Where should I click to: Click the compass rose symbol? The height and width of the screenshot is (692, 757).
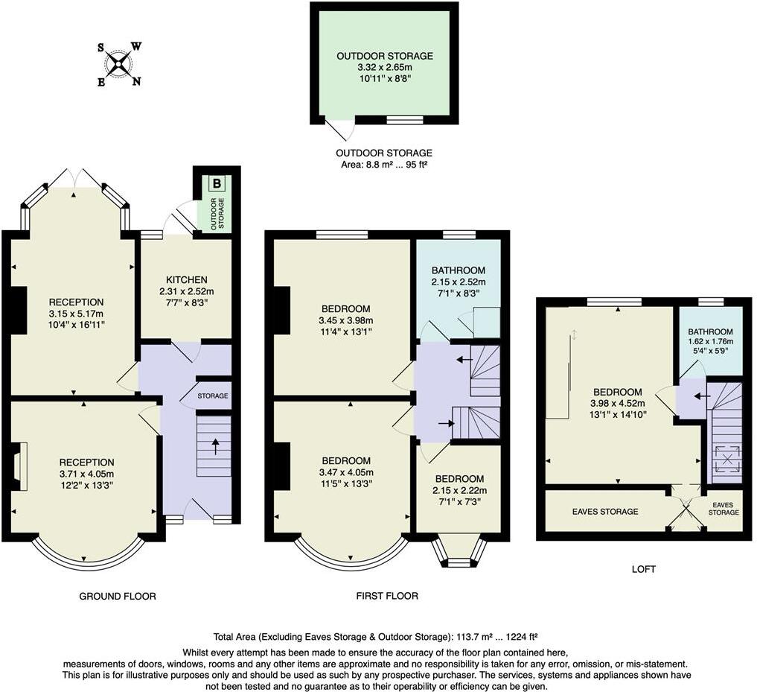(118, 64)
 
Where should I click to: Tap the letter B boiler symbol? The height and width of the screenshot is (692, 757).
(217, 183)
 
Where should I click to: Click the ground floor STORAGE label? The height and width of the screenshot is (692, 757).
(214, 396)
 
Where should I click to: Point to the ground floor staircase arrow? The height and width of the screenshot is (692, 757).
(216, 446)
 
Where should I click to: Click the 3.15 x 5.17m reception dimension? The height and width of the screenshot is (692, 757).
(76, 313)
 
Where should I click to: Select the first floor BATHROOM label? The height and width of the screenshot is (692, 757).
(458, 270)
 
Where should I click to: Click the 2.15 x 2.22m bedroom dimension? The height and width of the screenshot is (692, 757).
(459, 490)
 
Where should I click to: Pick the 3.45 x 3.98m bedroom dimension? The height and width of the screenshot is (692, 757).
(345, 320)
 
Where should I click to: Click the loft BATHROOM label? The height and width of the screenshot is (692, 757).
(710, 332)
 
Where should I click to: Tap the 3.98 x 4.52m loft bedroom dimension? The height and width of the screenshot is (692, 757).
(617, 403)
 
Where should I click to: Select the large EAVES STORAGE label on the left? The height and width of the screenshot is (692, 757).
(605, 512)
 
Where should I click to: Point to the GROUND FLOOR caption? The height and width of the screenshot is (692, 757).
(118, 596)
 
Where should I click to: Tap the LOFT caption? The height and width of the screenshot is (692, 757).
(644, 569)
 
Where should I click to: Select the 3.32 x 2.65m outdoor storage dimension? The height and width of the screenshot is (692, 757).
(384, 67)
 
